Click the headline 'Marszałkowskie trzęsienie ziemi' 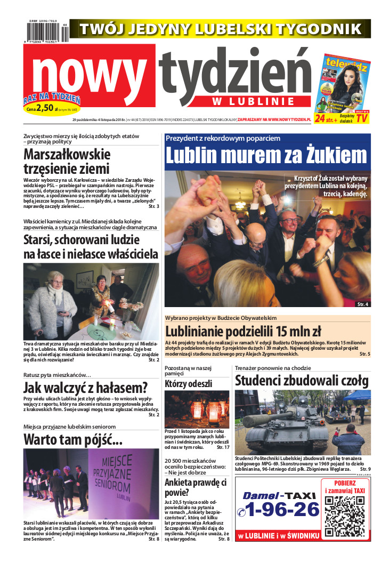click(67, 162)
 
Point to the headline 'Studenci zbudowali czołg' click(302, 381)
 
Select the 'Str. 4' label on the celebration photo click(362, 304)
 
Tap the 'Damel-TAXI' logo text click(279, 495)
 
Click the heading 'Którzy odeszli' click(188, 383)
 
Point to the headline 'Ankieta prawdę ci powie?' click(196, 488)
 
